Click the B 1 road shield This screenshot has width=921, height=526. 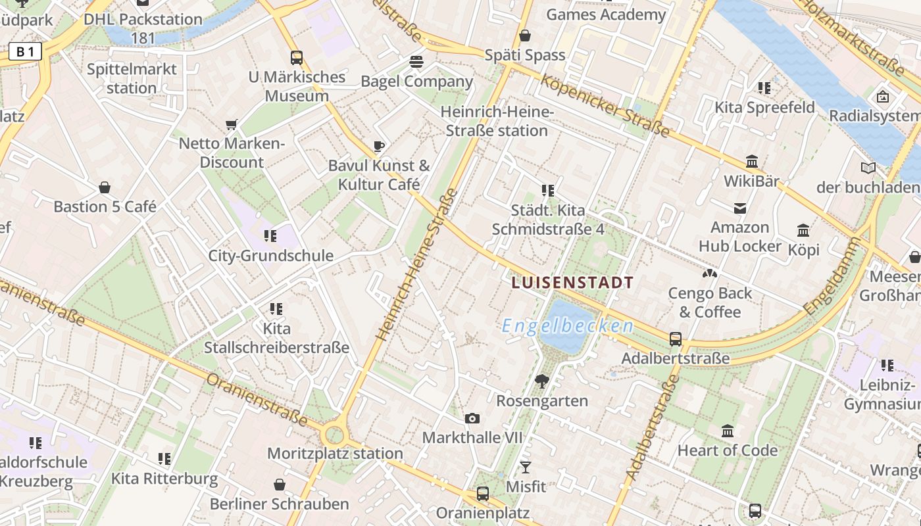click(25, 51)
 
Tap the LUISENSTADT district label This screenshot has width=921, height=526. click(572, 283)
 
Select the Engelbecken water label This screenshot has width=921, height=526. click(568, 326)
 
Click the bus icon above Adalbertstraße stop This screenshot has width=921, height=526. click(676, 339)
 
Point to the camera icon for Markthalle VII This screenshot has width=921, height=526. click(472, 419)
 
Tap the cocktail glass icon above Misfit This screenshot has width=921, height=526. click(526, 467)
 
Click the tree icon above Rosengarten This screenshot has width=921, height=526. click(542, 381)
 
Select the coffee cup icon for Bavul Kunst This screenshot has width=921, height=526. click(378, 146)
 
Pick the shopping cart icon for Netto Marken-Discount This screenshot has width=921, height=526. click(231, 124)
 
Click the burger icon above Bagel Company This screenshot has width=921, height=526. click(416, 62)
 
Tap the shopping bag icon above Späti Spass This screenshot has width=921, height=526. click(525, 36)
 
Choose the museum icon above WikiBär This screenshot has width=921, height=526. click(752, 162)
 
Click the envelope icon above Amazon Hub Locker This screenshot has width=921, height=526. click(740, 208)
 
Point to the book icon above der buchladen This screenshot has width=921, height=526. click(868, 168)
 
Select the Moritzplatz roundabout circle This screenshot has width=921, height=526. click(335, 435)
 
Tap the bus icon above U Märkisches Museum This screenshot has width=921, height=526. click(297, 58)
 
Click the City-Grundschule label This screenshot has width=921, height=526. click(271, 256)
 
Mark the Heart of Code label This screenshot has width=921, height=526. click(728, 450)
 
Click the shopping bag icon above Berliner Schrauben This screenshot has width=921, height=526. click(280, 485)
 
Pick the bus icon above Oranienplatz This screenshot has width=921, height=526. click(483, 494)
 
